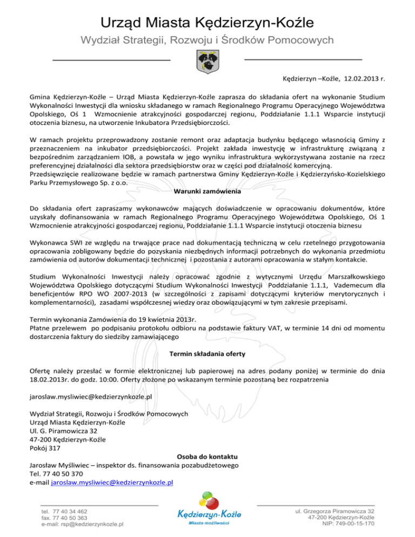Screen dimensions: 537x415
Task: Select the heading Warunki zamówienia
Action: pyautogui.click(x=207, y=190)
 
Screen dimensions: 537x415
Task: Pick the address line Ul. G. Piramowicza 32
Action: pyautogui.click(x=64, y=431)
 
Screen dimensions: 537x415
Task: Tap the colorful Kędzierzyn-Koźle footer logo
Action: pyautogui.click(x=207, y=509)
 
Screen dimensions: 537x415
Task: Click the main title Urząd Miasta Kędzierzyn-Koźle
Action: pyautogui.click(x=207, y=22)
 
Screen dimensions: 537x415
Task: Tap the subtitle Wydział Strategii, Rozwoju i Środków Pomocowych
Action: pyautogui.click(x=207, y=41)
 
